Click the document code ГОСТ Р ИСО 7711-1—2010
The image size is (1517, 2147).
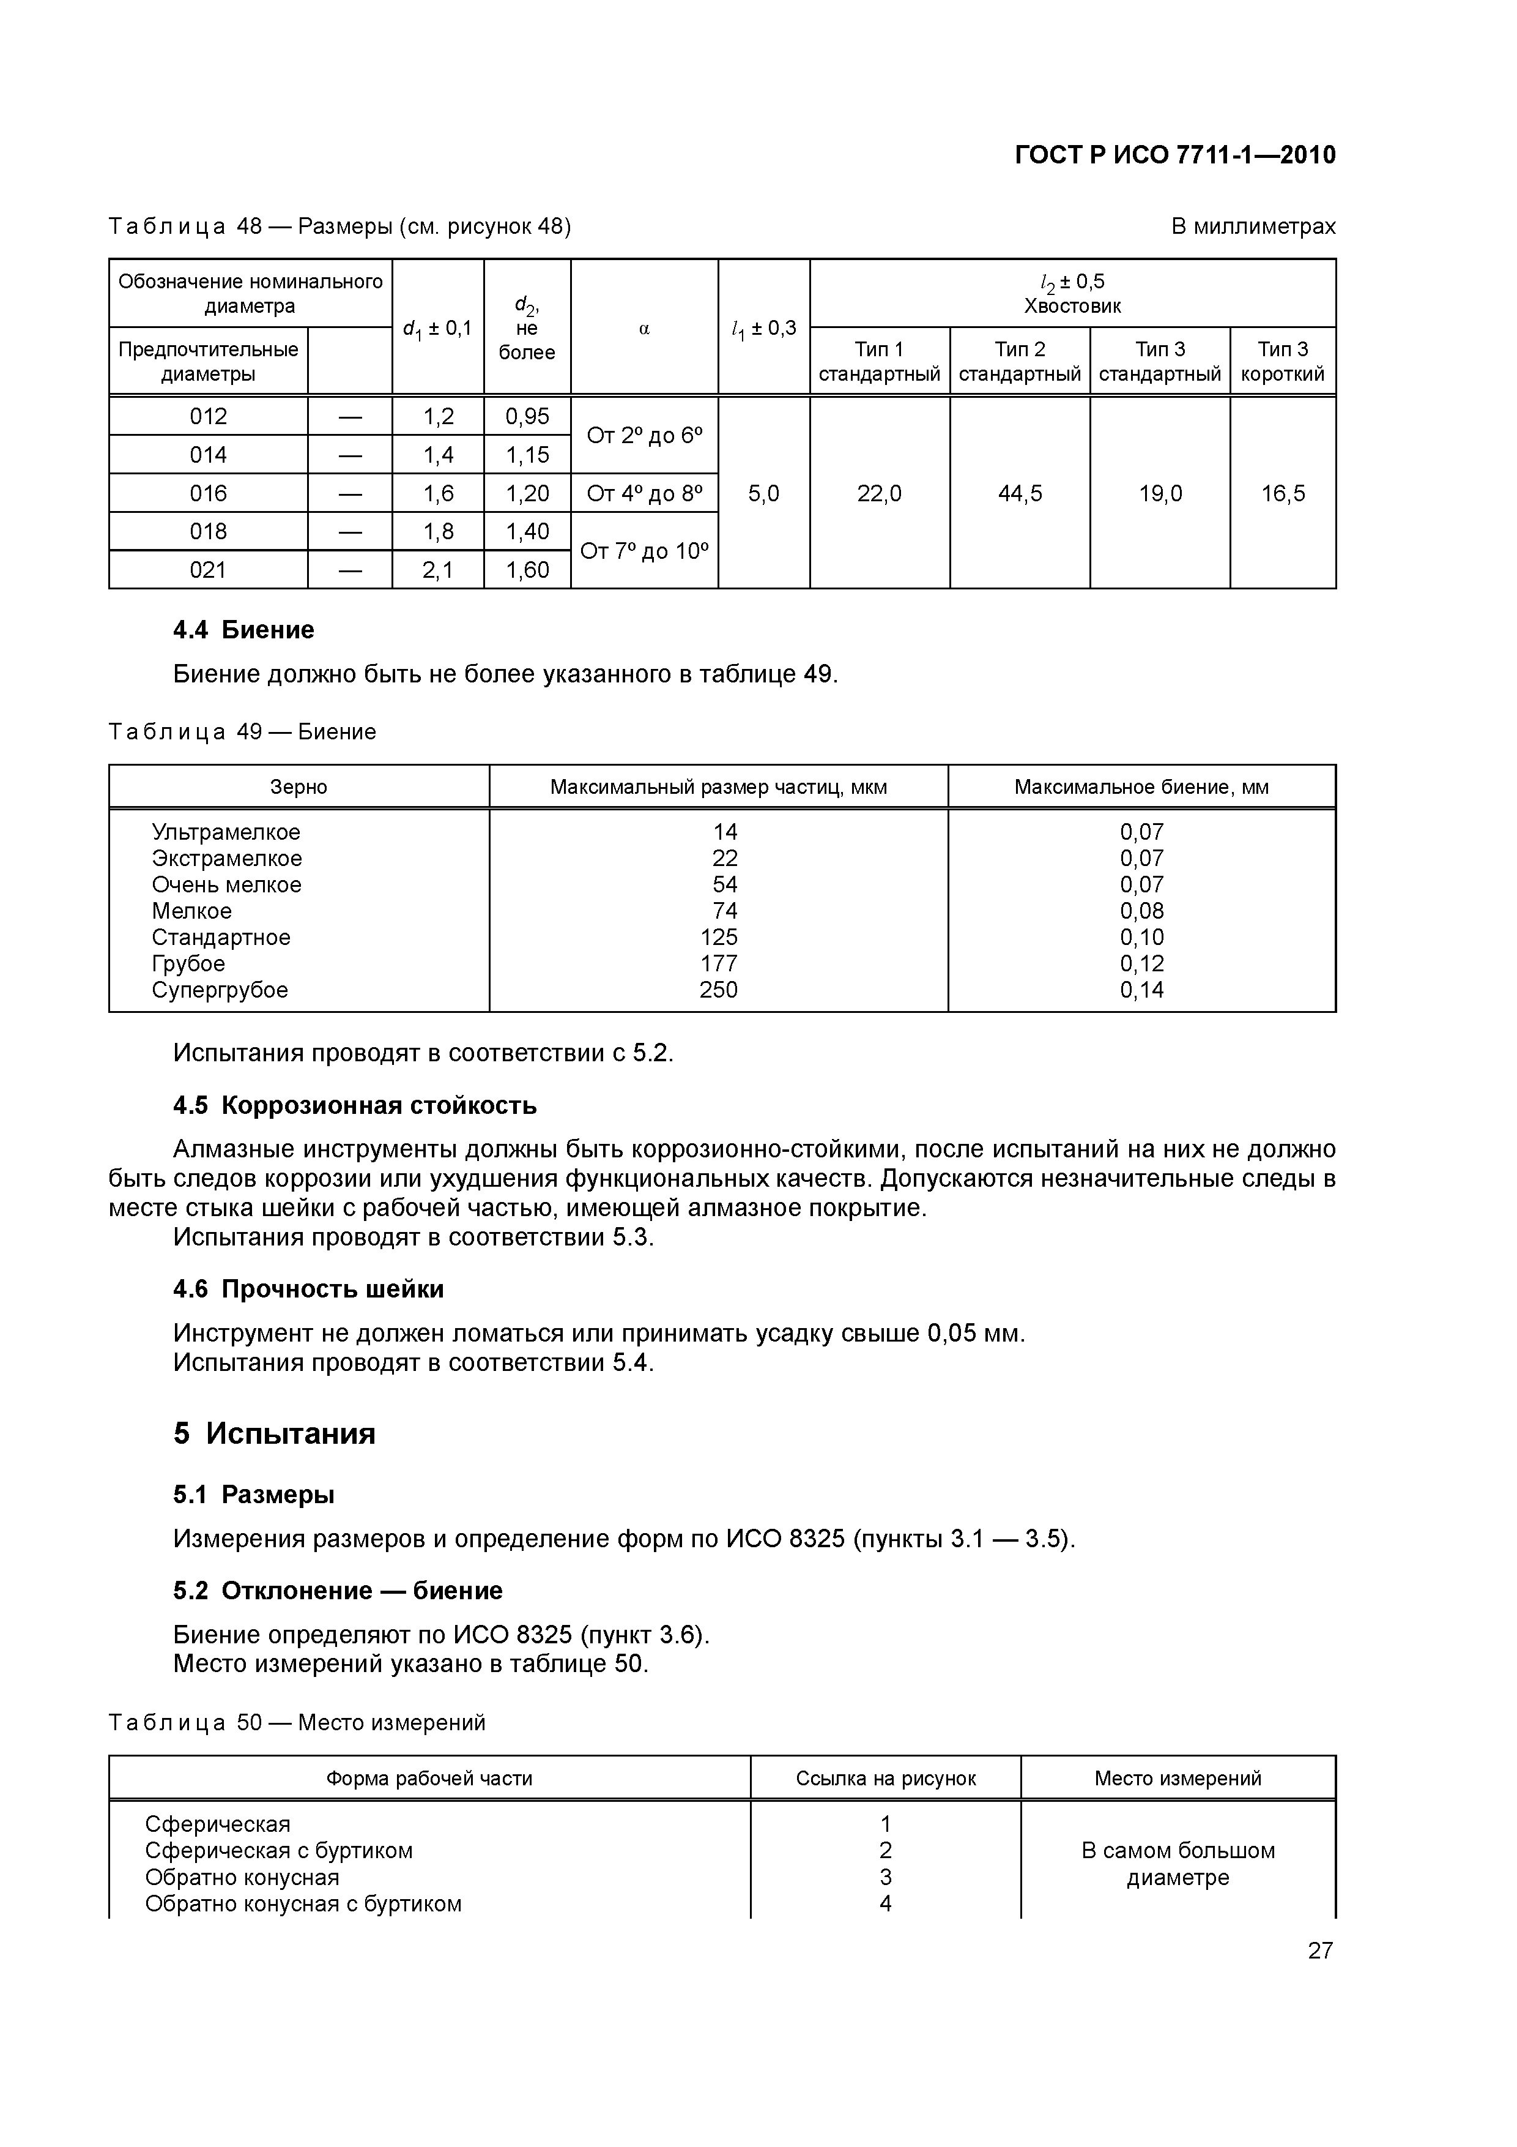tap(1175, 155)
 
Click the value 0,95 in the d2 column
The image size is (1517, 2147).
tap(527, 416)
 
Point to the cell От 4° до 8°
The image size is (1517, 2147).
tap(644, 493)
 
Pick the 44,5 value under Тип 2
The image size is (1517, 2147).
tap(1020, 493)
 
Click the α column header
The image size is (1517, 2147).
tap(644, 328)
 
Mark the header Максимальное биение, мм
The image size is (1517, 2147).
tap(1141, 786)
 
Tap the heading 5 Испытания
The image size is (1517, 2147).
tap(274, 1433)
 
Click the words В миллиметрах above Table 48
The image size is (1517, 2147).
tap(1253, 226)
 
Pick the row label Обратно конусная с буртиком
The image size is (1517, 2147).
tap(303, 1904)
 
